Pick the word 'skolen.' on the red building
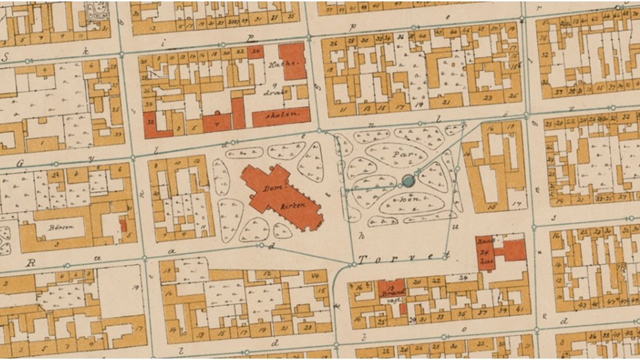pos(283,115)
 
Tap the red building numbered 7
pos(216,123)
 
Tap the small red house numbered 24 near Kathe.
pos(256,52)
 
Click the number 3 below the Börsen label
pos(57,245)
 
